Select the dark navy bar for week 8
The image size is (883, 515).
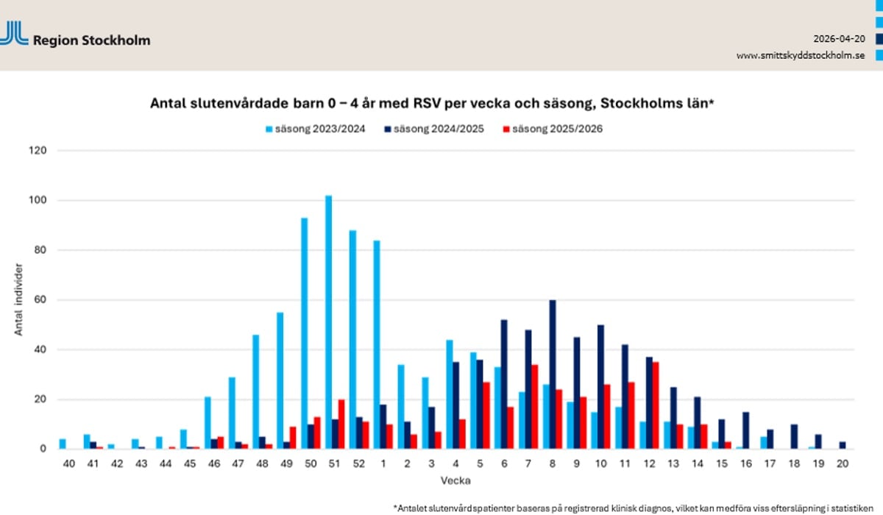[x=553, y=374]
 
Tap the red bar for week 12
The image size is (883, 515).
[x=655, y=405]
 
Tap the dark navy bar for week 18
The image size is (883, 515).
[x=794, y=436]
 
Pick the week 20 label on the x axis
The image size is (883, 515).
[x=843, y=464]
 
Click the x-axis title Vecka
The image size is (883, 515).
[x=456, y=480]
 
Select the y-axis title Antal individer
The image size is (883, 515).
[x=18, y=300]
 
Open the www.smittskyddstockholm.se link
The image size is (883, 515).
[x=800, y=55]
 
